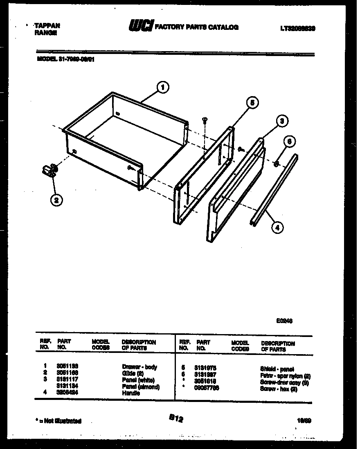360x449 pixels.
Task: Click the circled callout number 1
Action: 163,87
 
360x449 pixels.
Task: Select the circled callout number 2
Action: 56,200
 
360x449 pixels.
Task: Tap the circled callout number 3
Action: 281,121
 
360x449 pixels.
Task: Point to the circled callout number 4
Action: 277,227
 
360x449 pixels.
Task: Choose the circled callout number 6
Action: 289,141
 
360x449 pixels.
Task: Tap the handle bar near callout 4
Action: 274,188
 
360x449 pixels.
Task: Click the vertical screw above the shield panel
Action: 205,120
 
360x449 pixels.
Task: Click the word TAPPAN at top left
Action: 47,25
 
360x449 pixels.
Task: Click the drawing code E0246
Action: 284,321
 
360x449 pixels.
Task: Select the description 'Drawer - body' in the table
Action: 139,367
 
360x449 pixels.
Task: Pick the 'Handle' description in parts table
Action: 130,393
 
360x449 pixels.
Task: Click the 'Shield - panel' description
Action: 277,369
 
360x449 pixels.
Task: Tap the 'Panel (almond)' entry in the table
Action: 141,387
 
